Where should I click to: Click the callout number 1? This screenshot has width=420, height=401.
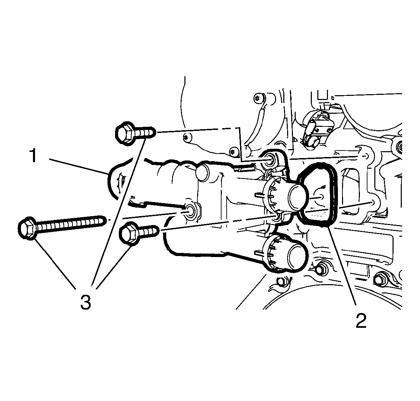click(x=33, y=156)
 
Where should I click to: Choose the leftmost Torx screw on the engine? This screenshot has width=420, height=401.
click(x=188, y=137)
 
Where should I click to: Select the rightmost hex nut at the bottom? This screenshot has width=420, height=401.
click(x=380, y=279)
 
